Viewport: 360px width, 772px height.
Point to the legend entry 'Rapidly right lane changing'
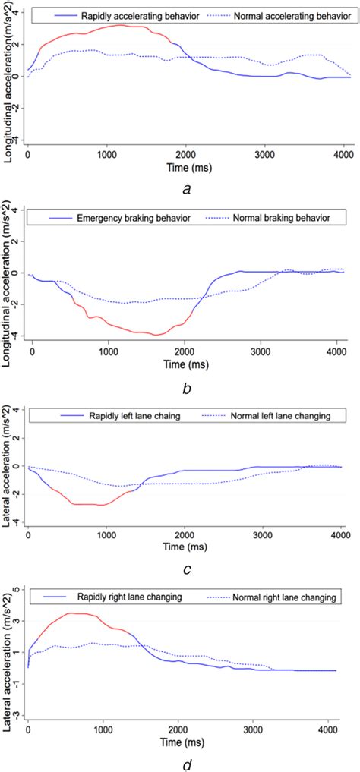coord(124,598)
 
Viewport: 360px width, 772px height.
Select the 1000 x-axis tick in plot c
coord(106,534)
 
